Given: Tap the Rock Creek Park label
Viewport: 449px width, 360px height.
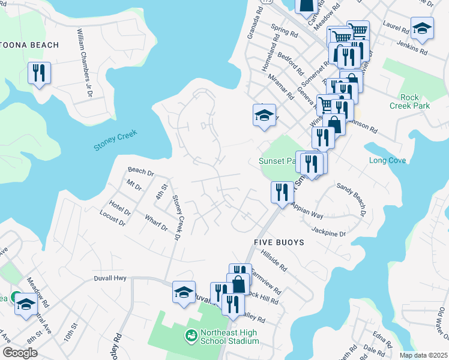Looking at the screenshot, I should coord(415,101).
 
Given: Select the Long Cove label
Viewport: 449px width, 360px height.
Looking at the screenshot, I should coord(387,161).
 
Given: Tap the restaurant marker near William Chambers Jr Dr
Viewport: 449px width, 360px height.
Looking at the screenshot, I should coord(39,73).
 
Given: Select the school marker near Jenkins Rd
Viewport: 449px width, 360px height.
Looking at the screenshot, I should coord(422,28).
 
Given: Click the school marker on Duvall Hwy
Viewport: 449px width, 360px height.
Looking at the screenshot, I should coord(184,292).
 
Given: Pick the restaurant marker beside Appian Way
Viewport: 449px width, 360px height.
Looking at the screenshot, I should coord(282,192).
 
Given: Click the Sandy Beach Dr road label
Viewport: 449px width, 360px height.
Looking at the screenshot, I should coord(351,199).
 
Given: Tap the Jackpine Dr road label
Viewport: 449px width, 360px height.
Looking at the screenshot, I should coord(329,230).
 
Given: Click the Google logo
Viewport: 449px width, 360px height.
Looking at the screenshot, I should coord(20,353).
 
